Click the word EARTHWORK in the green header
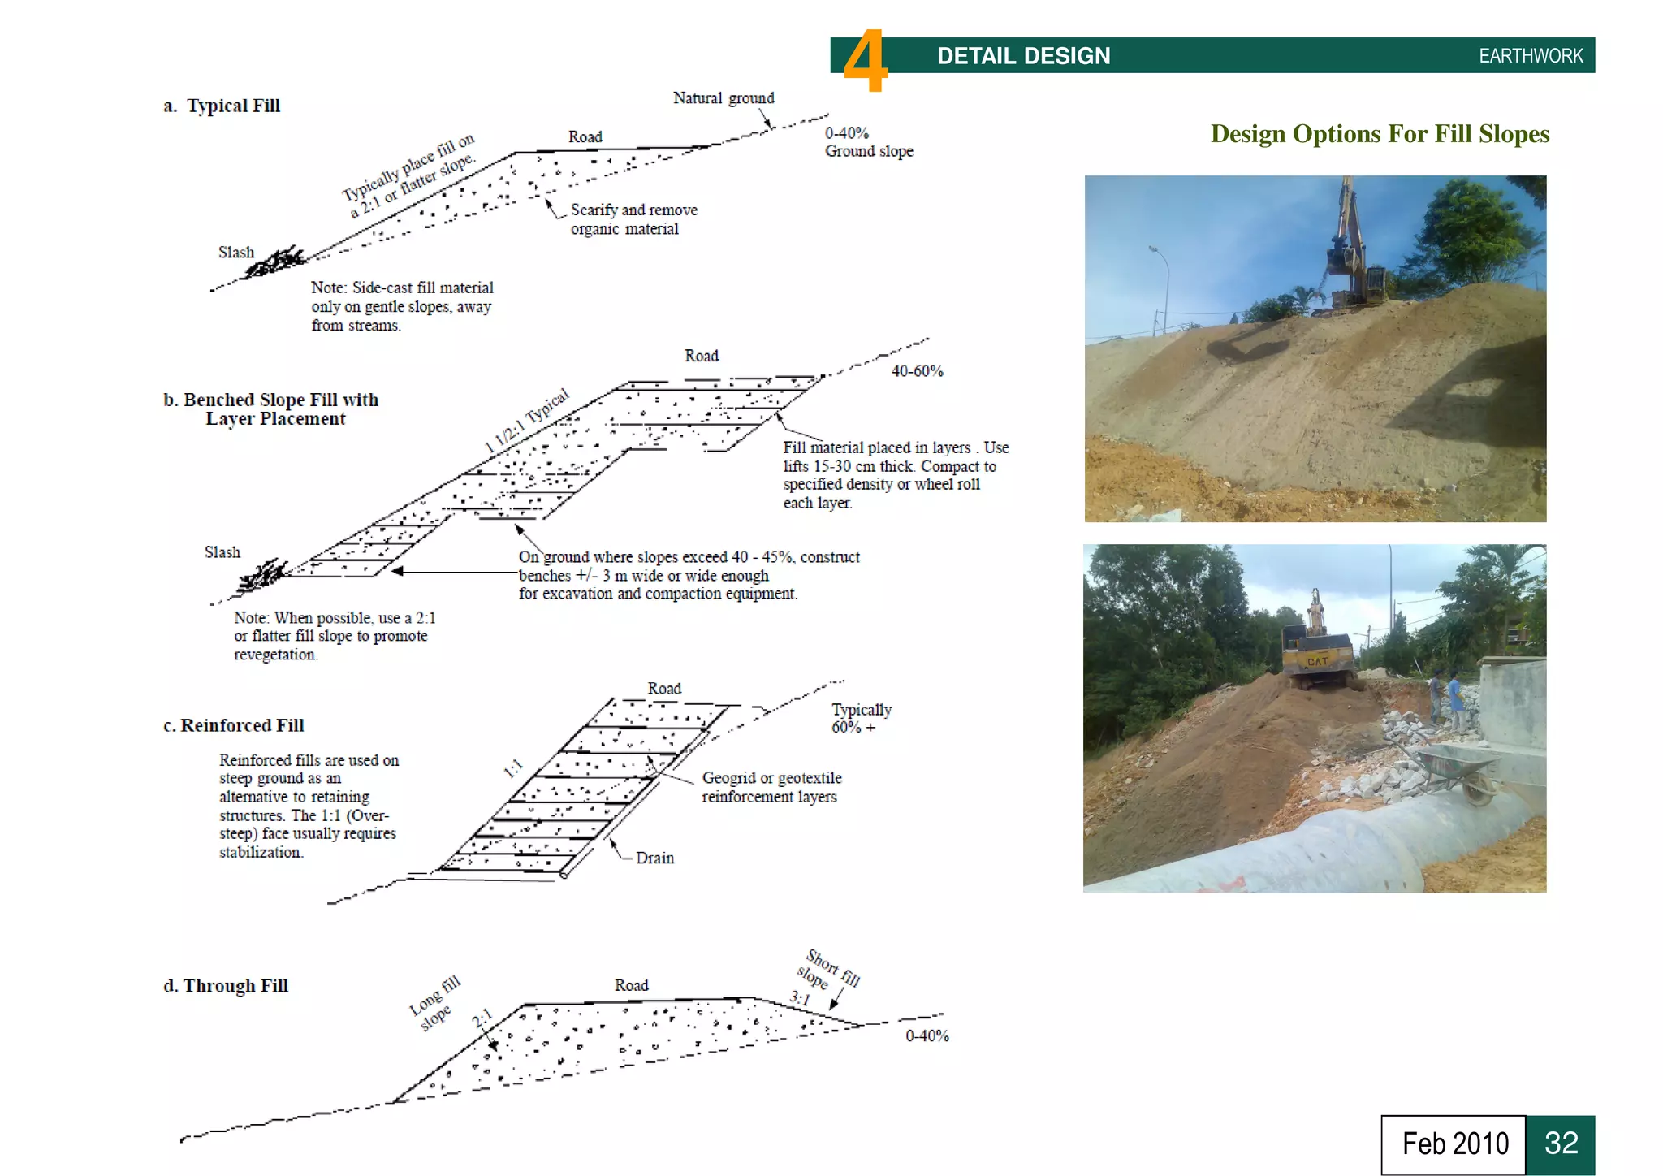coord(1530,56)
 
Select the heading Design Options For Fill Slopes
coord(1379,134)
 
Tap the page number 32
coord(1560,1144)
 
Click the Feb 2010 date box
coord(1454,1144)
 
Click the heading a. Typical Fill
coord(222,106)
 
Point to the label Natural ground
coord(723,98)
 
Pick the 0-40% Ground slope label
coord(867,142)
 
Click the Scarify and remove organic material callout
coord(633,219)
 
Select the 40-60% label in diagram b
coord(917,371)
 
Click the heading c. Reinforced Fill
coord(234,725)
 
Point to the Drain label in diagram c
coord(654,858)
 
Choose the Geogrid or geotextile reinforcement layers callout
coord(771,787)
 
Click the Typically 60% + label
coord(860,718)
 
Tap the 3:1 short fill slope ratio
coord(800,998)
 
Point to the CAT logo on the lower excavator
coord(1317,661)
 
